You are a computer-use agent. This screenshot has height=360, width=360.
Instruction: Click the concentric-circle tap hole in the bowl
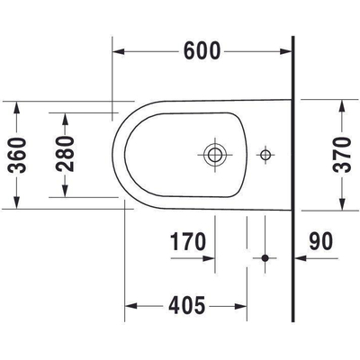coord(214,154)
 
